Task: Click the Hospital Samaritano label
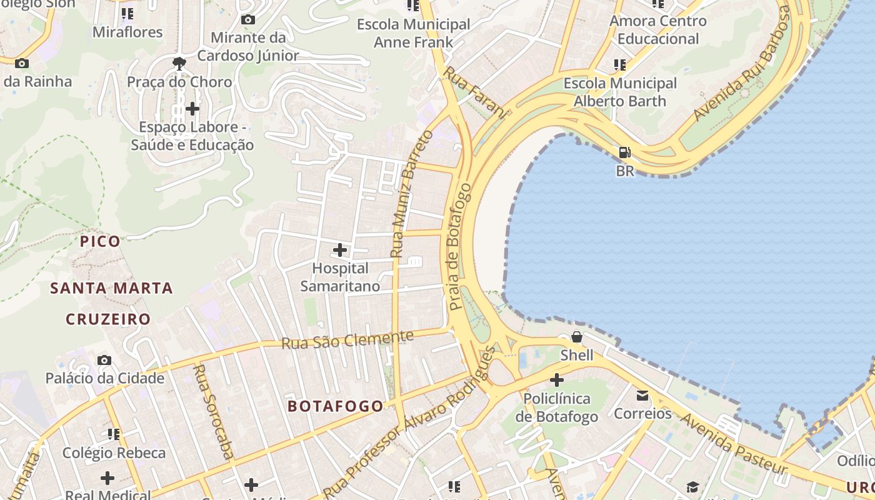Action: point(340,277)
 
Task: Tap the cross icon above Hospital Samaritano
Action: point(340,250)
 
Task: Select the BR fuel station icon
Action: point(624,152)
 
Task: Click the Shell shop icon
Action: point(576,337)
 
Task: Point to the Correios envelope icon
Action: point(642,395)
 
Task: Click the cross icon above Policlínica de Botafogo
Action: point(556,380)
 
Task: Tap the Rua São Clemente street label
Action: point(347,340)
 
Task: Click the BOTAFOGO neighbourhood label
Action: point(336,406)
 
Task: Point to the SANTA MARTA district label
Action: point(111,288)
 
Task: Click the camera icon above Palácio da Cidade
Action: point(104,361)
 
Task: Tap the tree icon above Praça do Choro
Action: point(179,63)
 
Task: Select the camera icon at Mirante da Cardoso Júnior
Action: point(248,20)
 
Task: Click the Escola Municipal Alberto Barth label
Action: point(620,92)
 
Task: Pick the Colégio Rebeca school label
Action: point(114,452)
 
